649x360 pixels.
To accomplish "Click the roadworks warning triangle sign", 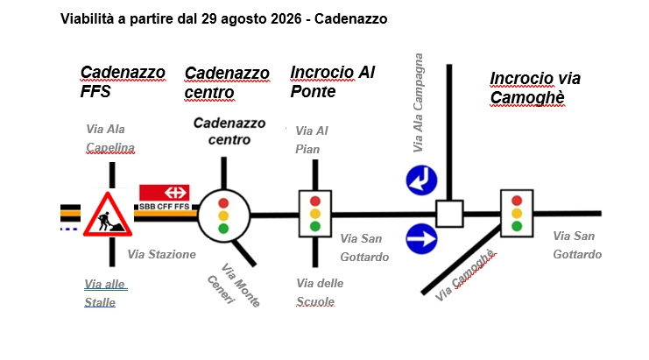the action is pos(108,215).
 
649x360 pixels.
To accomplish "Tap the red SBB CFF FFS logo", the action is pos(165,197).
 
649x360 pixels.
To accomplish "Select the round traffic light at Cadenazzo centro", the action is pos(223,215).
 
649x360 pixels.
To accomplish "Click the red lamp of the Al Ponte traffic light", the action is pos(315,201).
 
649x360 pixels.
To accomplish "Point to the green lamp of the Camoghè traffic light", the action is pos(517,226).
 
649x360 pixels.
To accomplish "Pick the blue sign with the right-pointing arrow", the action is pos(421,239).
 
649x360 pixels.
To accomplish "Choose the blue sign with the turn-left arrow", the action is pos(421,180).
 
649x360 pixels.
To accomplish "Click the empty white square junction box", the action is pos(449,214).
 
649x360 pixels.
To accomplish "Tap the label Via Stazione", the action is pos(161,254).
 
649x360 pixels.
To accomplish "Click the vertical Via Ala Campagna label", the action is pos(418,102).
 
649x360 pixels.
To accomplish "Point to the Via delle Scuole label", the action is pos(320,293).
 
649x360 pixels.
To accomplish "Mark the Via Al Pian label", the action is pos(311,140).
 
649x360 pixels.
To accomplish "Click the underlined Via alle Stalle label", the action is pos(106,293).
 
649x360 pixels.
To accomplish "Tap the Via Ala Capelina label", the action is pos(110,138).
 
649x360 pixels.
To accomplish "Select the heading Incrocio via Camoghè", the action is pos(535,88).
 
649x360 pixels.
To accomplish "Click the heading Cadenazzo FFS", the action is pos(123,81).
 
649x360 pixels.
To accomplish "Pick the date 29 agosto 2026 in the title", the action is pos(251,18).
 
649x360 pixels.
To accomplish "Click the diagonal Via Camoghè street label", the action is pos(465,275).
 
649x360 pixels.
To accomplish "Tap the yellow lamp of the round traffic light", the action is pos(223,215).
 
